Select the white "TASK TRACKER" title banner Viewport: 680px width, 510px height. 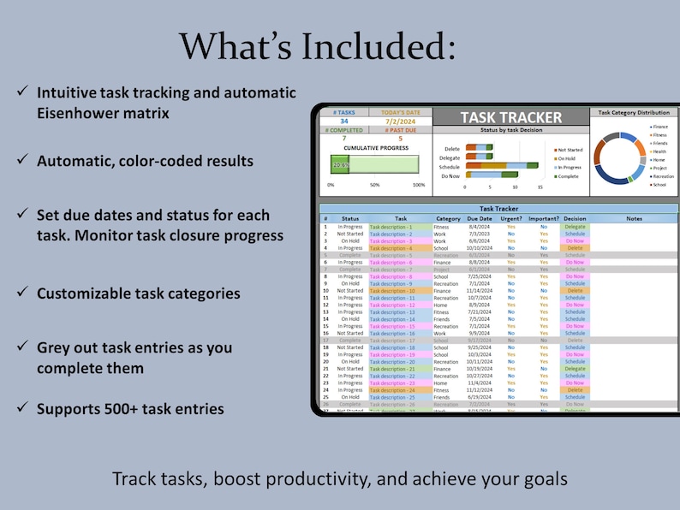[x=511, y=118]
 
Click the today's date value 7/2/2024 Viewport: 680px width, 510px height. [x=401, y=122]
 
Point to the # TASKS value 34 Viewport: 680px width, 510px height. [x=344, y=122]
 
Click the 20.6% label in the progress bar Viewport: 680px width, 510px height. [x=340, y=165]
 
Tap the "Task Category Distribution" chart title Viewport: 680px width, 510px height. [x=633, y=112]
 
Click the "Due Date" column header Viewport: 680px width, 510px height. [x=479, y=219]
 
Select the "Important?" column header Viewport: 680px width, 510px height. [x=543, y=219]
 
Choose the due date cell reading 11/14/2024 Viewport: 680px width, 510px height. [x=479, y=291]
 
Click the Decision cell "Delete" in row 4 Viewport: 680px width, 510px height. [x=575, y=248]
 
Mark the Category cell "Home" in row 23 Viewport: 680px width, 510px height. [x=442, y=383]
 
